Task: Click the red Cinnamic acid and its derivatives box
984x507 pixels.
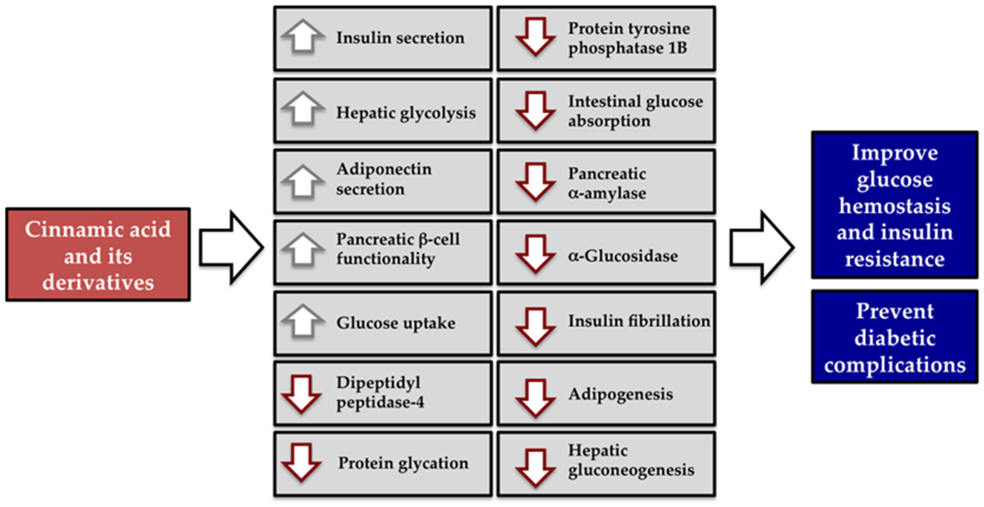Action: [x=98, y=254]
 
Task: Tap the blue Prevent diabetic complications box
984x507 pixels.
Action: [x=894, y=337]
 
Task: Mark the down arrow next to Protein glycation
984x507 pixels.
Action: [x=301, y=462]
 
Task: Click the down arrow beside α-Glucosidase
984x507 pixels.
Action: [x=536, y=254]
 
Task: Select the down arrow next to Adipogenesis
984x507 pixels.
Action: [x=536, y=398]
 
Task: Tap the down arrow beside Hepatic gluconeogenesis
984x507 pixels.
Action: [x=536, y=468]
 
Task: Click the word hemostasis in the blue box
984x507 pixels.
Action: [x=894, y=206]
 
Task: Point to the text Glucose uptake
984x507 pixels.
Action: [x=396, y=323]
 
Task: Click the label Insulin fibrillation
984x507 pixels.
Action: [x=639, y=321]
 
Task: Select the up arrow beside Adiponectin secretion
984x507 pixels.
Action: [x=303, y=182]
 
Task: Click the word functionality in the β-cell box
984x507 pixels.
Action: [x=385, y=259]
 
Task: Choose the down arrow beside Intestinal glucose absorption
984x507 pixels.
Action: [x=536, y=110]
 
